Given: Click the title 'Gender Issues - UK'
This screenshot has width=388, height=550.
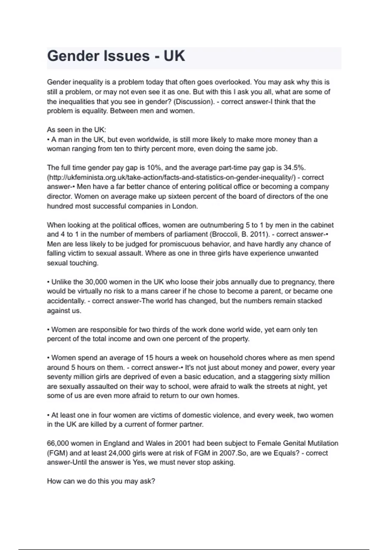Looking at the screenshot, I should (116, 56).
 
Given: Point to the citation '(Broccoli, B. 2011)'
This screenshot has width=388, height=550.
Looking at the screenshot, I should (240, 234).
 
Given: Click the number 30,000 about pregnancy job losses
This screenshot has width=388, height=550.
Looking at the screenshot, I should (96, 282).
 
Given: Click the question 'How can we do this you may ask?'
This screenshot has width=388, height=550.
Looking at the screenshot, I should (101, 481).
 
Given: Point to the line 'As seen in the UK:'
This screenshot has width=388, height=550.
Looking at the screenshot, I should (76, 130).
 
